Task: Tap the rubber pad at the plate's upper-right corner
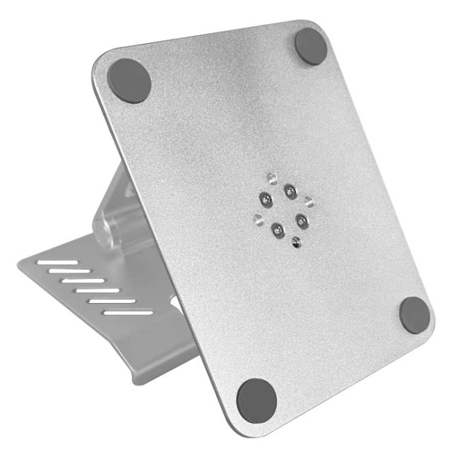[311, 46]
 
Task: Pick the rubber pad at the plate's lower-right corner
[414, 314]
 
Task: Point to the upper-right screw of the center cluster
[290, 190]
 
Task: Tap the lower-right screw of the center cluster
[303, 221]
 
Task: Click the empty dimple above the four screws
[270, 178]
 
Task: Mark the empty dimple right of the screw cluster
[309, 201]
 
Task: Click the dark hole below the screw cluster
[296, 244]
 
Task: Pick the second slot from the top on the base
[73, 271]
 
